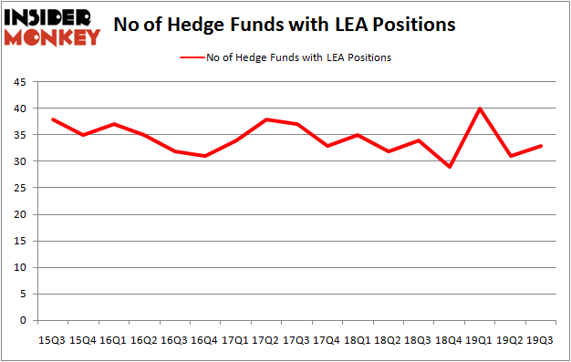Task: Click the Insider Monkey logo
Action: (x=52, y=26)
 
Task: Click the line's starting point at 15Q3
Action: (x=52, y=119)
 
